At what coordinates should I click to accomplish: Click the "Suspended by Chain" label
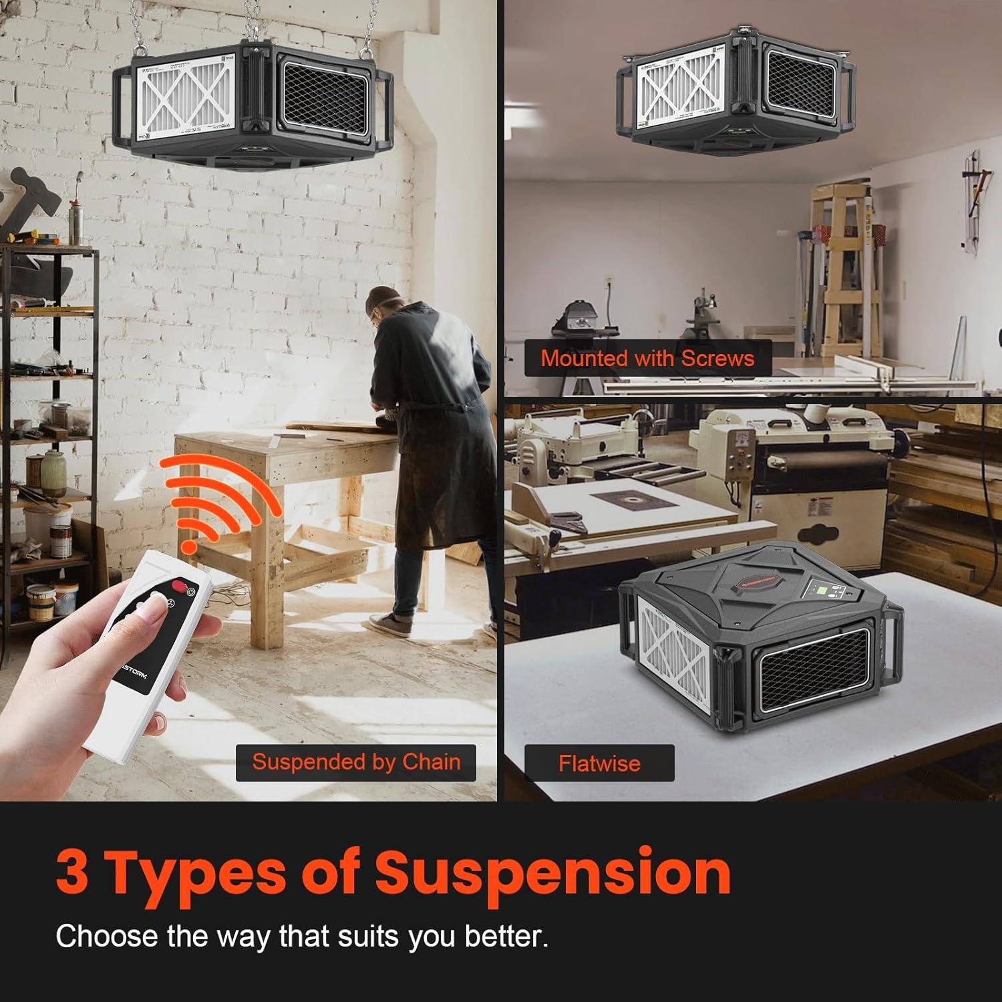point(356,762)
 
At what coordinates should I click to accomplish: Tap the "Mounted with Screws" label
point(647,358)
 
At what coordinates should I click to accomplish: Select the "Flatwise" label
point(599,763)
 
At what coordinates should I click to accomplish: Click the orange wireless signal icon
point(217,498)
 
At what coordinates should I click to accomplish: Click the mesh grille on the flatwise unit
point(810,675)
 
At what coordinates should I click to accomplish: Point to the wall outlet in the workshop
point(609,283)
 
